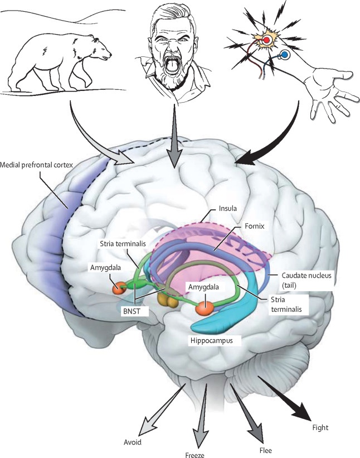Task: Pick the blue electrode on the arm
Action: (285, 55)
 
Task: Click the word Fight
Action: (321, 428)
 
